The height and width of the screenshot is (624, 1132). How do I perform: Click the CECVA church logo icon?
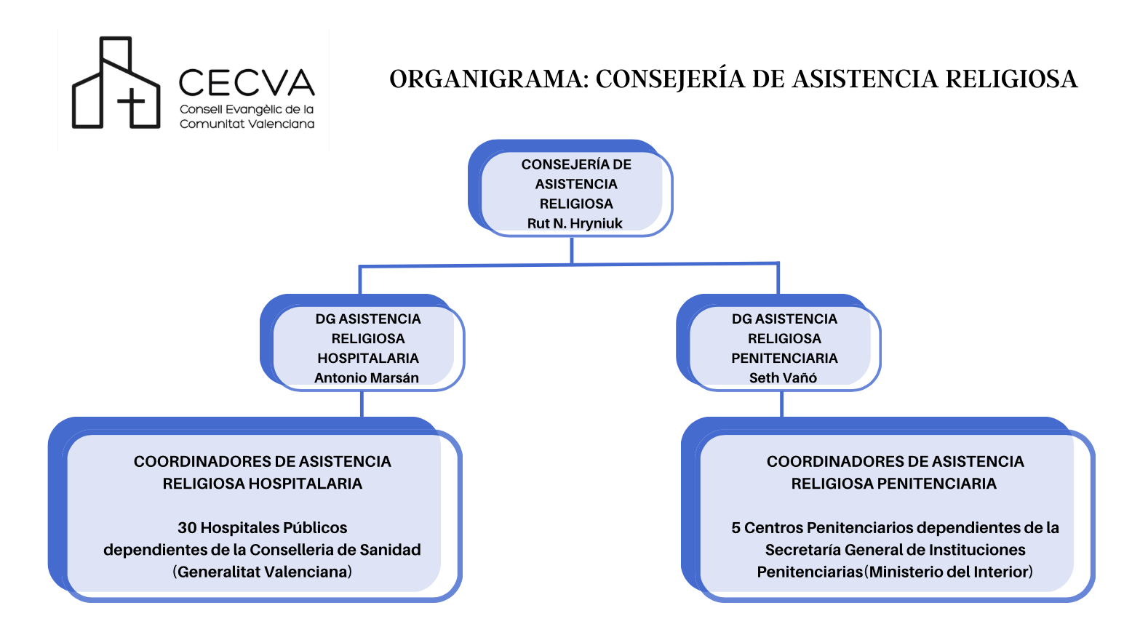(116, 82)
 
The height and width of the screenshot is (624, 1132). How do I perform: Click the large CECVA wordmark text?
(247, 82)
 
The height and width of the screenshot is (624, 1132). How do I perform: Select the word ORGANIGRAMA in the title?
(489, 79)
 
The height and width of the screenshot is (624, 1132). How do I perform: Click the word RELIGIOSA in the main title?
(1011, 79)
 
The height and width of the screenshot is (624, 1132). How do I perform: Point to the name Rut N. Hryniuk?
(575, 223)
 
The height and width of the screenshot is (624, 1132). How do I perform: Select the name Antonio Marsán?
(367, 378)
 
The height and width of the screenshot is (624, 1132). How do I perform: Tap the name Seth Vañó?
(783, 378)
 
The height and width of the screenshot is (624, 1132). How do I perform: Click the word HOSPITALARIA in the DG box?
(368, 359)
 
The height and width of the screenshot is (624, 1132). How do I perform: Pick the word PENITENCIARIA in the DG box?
(784, 359)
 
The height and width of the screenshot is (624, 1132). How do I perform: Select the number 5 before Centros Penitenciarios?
(736, 528)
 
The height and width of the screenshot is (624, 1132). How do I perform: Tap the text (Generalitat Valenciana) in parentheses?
(263, 572)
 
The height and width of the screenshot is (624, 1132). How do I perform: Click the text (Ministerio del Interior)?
(949, 572)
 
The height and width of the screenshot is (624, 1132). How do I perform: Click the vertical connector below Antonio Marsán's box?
(362, 404)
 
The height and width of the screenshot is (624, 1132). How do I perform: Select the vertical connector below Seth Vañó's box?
(782, 404)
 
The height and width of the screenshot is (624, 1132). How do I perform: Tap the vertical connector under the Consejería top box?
(572, 250)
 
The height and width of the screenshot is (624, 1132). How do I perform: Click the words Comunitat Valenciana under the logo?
(247, 124)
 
